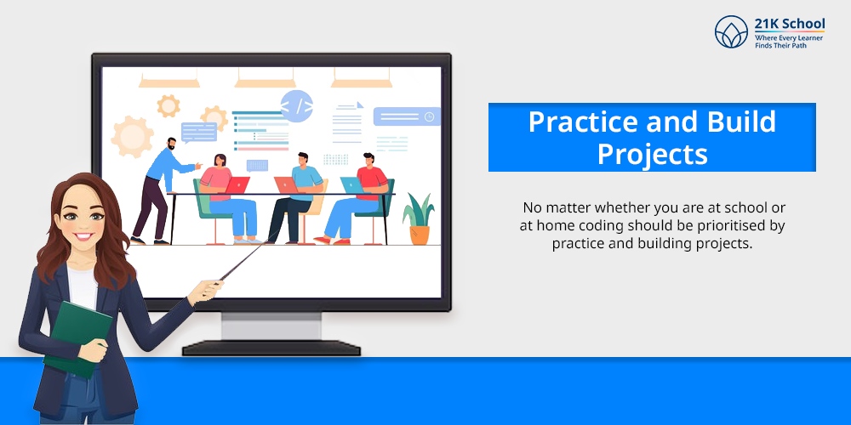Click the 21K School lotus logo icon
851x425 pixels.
[x=731, y=31]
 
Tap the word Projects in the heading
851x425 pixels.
[x=653, y=154]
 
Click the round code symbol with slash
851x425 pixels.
[x=296, y=105]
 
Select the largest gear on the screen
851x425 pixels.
[x=131, y=136]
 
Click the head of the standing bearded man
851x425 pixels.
[x=171, y=144]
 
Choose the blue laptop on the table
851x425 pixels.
[x=352, y=184]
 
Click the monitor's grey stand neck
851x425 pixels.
[x=271, y=326]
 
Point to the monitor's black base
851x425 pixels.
[x=271, y=348]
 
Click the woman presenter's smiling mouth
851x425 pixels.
[x=83, y=237]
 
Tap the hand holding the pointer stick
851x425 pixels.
[x=204, y=292]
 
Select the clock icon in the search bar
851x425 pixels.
[x=429, y=116]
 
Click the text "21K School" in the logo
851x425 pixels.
[x=790, y=24]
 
